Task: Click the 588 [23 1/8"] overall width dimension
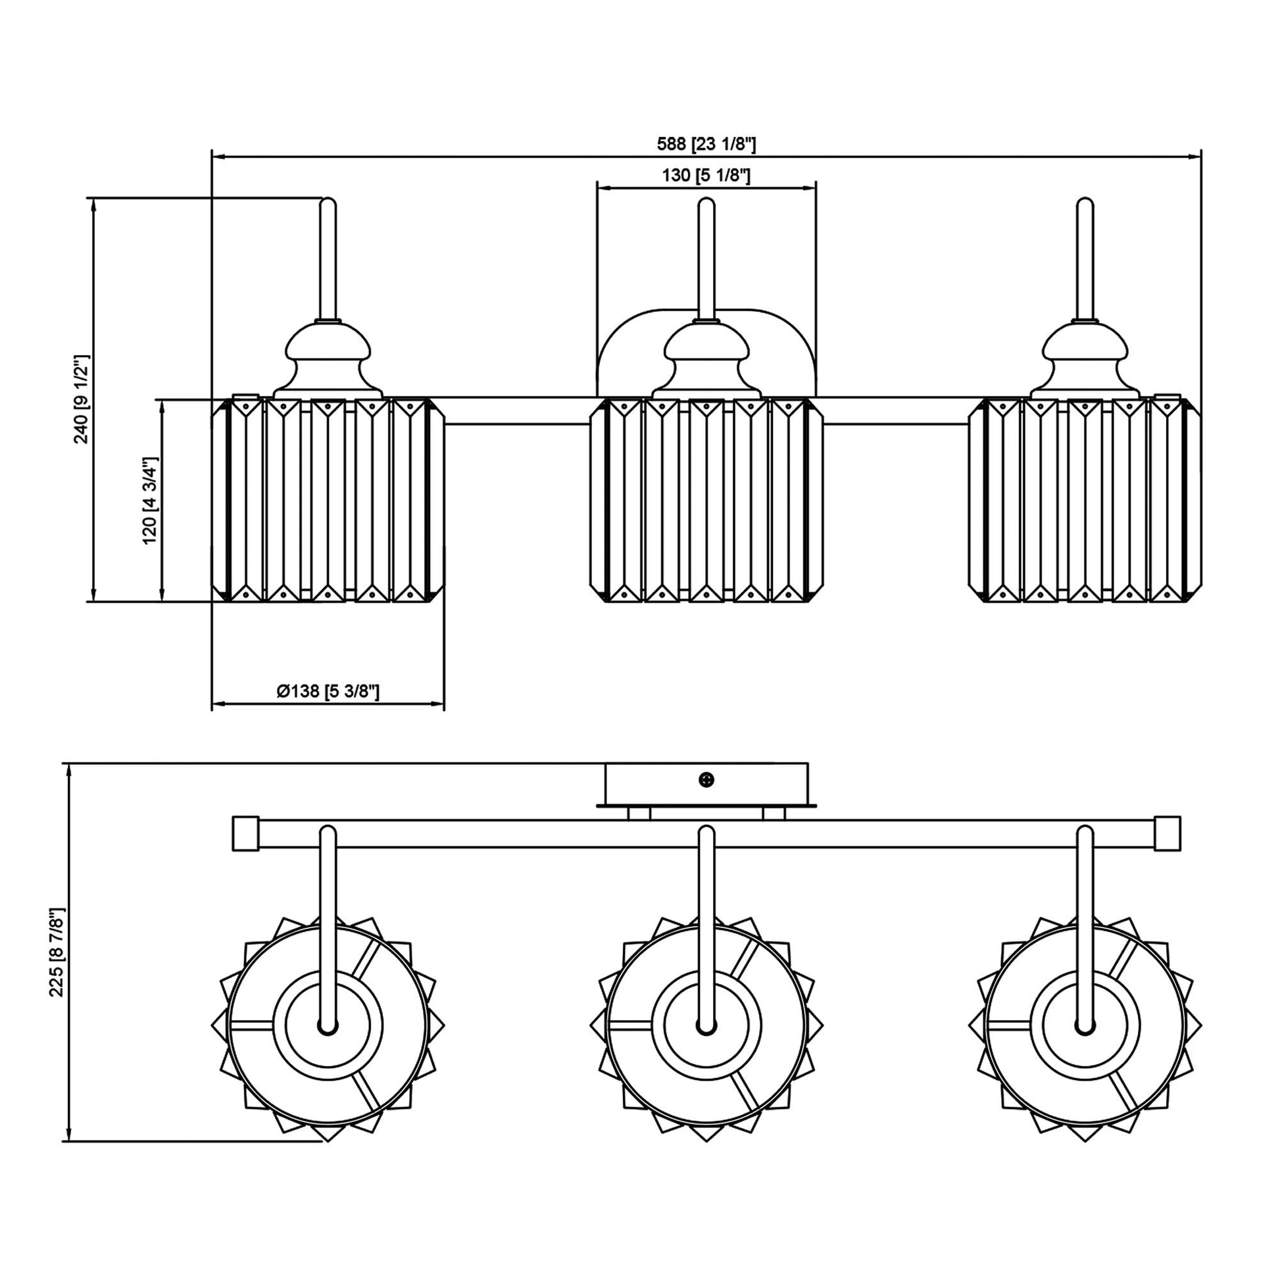tap(706, 144)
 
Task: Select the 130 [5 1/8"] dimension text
tap(706, 176)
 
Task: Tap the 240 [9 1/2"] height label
tap(82, 399)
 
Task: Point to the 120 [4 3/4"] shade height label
tap(150, 500)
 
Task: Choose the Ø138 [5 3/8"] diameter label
tap(328, 692)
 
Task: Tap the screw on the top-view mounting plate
tap(707, 780)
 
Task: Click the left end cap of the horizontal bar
tap(245, 833)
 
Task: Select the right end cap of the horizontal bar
tap(1168, 833)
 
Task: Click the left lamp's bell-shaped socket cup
tap(328, 361)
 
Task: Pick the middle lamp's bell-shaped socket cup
tap(706, 361)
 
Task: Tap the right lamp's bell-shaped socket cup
tap(1085, 361)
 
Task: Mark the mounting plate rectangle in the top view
tap(706, 783)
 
